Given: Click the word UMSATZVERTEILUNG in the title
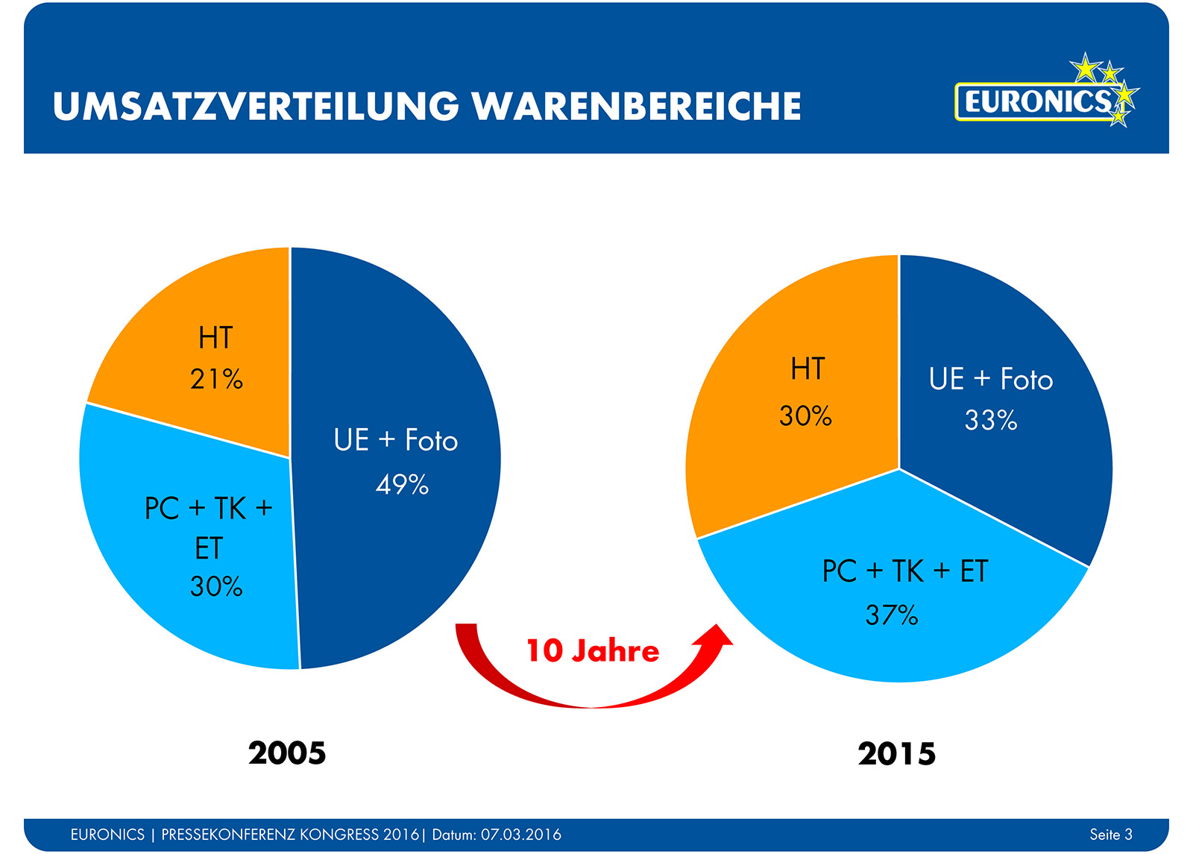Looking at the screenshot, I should point(256,106).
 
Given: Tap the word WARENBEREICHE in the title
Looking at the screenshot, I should point(637,106).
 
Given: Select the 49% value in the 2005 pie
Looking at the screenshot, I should point(402,485).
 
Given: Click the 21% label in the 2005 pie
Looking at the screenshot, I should point(216,379).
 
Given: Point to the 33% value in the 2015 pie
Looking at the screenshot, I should point(991,420).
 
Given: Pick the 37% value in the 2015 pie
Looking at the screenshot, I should point(892,615).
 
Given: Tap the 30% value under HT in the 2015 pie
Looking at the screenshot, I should point(805,415).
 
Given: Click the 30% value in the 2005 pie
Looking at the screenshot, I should point(216,586).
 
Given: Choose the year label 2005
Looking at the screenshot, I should point(287,753).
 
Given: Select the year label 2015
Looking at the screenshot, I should point(897,753).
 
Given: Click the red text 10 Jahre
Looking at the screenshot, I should point(593,650).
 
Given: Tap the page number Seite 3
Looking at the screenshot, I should point(1110,834).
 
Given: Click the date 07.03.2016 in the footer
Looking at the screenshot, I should point(520,835).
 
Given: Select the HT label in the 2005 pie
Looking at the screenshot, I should point(215,338).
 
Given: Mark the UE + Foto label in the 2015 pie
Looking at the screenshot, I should point(991,379).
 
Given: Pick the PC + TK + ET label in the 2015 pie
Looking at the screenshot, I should point(904,571).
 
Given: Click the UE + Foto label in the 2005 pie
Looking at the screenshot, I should point(396,440).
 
